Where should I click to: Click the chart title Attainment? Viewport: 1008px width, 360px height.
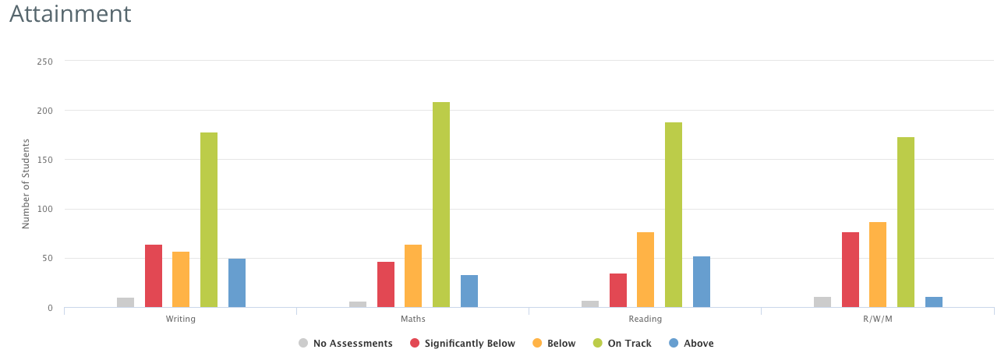pos(70,14)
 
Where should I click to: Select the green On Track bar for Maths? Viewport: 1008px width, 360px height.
pos(441,204)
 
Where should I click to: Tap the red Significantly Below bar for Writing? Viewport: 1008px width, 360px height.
pos(154,276)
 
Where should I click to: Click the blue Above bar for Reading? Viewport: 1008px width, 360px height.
pos(702,281)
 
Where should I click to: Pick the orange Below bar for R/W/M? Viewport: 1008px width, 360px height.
pos(878,264)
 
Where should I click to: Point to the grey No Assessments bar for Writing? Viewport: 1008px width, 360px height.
pos(126,302)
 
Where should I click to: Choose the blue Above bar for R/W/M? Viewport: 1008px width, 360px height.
pos(934,302)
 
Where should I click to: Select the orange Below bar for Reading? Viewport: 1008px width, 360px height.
pos(645,270)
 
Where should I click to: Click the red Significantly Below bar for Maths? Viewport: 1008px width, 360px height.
pos(386,284)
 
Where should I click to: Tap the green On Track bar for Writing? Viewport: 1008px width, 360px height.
pos(209,220)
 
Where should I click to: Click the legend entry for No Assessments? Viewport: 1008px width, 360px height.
pos(345,343)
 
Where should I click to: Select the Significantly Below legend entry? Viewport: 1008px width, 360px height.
pos(462,343)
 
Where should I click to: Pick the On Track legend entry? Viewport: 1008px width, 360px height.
pos(621,343)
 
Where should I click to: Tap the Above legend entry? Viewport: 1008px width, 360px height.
pos(691,343)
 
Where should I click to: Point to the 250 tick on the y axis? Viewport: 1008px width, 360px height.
pos(45,61)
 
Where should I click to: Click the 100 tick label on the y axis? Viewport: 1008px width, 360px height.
pos(45,209)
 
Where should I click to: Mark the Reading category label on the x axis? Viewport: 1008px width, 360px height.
pos(645,319)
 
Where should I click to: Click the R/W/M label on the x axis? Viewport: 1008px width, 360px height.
pos(878,319)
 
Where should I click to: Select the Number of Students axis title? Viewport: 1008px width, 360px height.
pos(26,184)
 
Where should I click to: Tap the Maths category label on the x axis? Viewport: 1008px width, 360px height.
pos(413,319)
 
